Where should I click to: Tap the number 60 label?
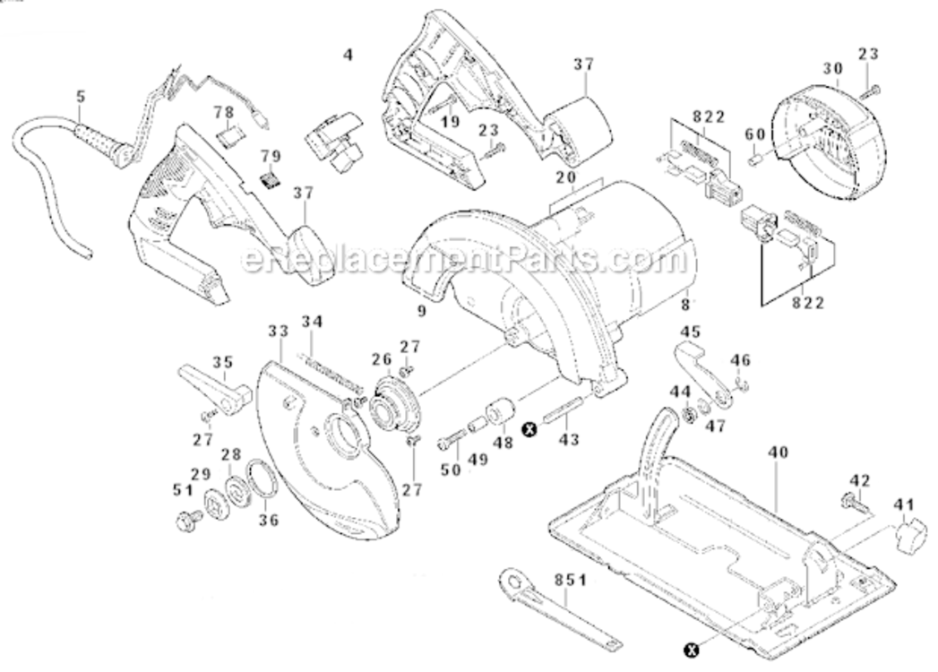(755, 134)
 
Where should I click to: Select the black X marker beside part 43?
(529, 429)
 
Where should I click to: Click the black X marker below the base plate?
(691, 649)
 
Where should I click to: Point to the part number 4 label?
(348, 54)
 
